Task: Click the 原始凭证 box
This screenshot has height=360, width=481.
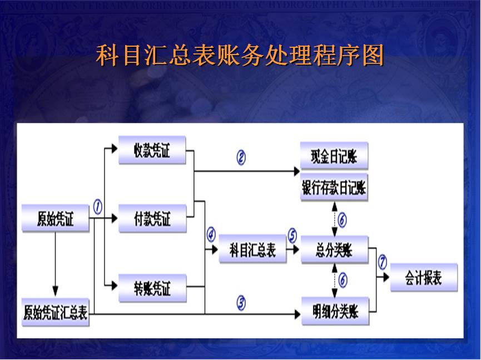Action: [55, 218]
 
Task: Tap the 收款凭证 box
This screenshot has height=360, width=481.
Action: [152, 151]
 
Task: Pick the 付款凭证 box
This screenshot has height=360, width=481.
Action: [152, 218]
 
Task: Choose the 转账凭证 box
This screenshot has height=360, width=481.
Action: [152, 289]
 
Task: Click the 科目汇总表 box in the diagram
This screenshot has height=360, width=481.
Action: [252, 249]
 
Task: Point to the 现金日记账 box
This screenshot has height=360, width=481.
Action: [334, 156]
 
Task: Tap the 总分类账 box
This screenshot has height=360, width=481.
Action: [334, 250]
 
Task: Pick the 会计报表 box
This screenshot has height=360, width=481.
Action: [424, 277]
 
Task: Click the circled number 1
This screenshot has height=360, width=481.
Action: [98, 207]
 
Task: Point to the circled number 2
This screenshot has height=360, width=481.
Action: [241, 158]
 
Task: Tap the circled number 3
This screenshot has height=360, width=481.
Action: [241, 303]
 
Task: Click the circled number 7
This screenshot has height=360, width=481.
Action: [382, 261]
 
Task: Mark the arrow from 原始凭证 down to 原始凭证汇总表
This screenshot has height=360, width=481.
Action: [55, 262]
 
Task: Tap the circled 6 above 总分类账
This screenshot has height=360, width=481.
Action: [342, 220]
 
